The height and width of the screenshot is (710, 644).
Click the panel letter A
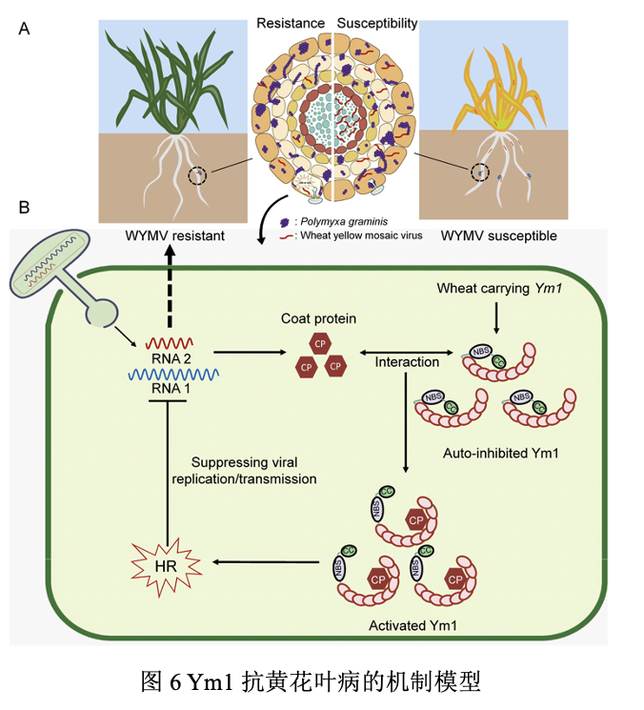25,29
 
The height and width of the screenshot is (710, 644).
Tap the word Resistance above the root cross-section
290,22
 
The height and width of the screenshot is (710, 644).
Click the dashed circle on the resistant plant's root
197,175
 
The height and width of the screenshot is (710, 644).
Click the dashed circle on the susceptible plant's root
479,172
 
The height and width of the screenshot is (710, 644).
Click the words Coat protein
318,318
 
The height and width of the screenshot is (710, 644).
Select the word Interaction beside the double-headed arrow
407,362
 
